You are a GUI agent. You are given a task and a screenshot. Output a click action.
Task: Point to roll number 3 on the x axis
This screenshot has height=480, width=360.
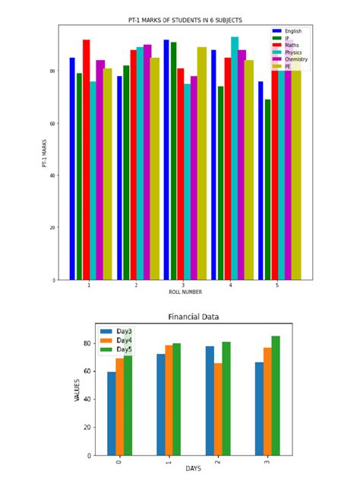coord(183,285)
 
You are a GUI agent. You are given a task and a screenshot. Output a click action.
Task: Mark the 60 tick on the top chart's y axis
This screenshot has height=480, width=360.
coord(52,123)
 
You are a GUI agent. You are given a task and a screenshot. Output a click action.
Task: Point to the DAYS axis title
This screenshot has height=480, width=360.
coord(193,469)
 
